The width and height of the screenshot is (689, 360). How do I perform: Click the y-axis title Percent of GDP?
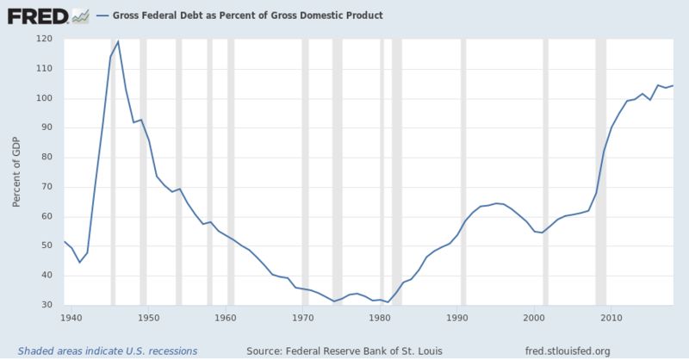pos(16,172)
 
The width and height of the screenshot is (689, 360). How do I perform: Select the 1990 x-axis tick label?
pos(457,318)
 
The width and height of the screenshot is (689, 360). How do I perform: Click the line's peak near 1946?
pos(118,41)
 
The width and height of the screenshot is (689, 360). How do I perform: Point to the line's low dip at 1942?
pos(79,262)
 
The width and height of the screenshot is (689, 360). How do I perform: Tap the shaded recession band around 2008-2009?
pos(600,172)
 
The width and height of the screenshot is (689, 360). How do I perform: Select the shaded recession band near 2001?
pos(545,172)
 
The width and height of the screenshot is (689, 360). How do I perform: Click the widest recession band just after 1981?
pos(396,172)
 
